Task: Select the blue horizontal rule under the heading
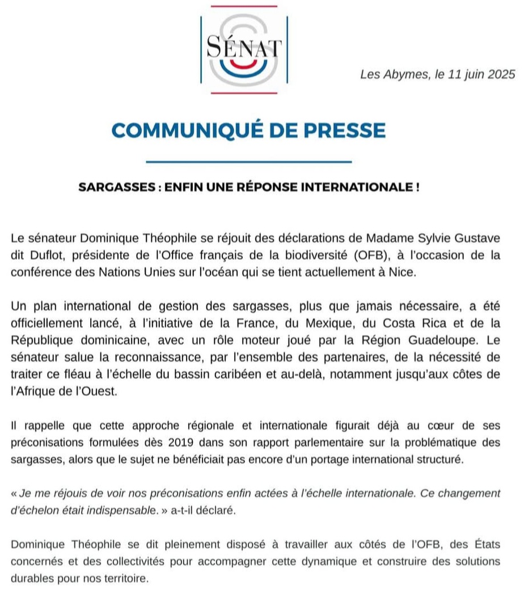click(x=249, y=162)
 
